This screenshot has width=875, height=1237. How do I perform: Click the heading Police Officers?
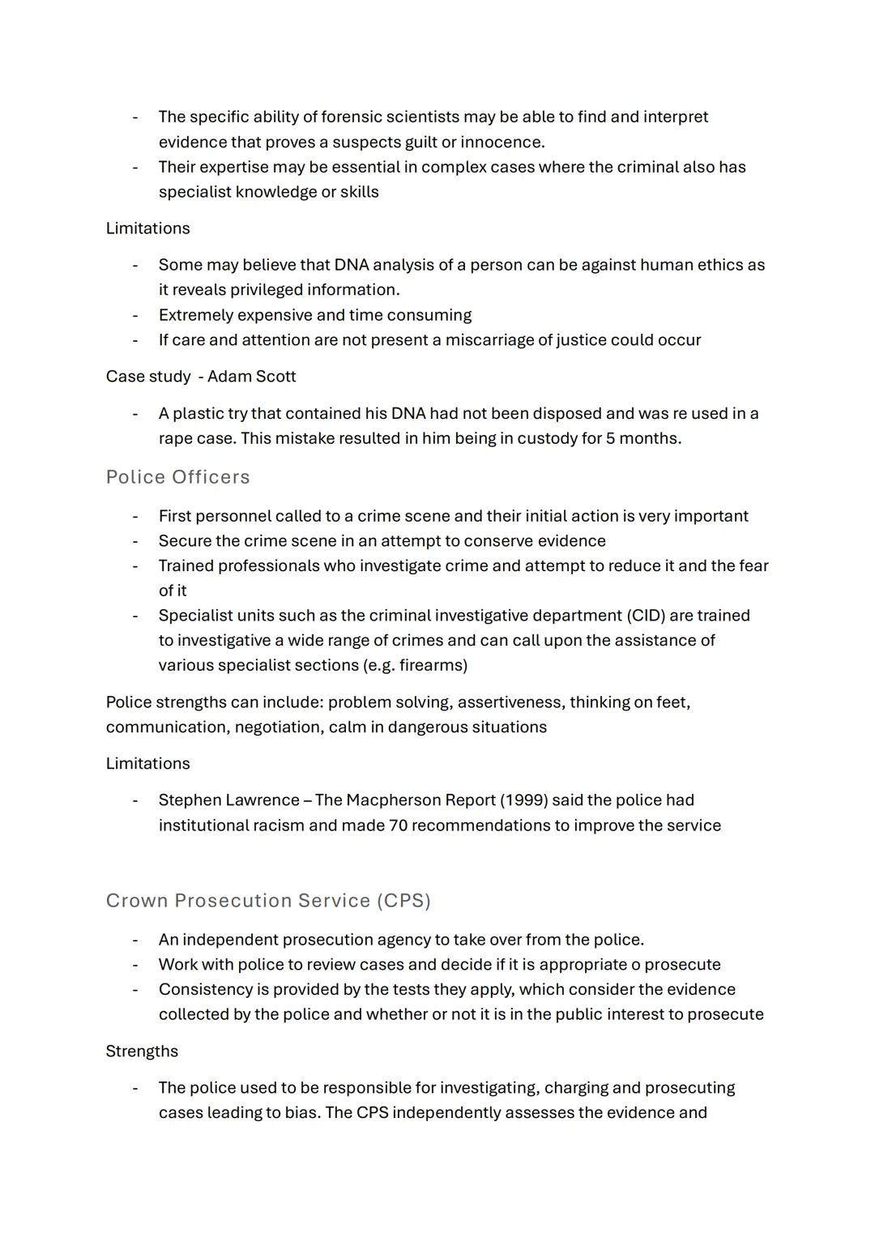(x=177, y=477)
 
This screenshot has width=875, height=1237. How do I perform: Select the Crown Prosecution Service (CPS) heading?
(x=268, y=901)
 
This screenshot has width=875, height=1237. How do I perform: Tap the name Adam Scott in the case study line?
(x=252, y=377)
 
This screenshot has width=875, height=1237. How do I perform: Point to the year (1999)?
(x=523, y=800)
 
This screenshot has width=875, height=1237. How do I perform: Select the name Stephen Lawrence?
(x=228, y=800)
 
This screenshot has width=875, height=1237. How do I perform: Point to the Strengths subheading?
(x=142, y=1051)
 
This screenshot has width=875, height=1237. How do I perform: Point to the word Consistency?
(x=206, y=990)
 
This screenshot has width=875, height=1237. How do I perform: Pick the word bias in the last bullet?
(x=301, y=1113)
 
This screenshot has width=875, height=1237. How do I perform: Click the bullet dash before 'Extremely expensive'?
(x=135, y=315)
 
